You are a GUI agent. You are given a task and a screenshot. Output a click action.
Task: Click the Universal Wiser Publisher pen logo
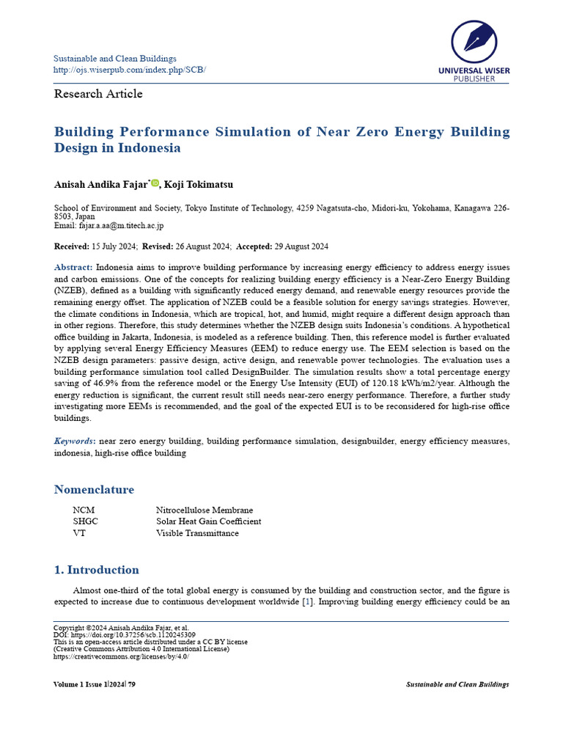tap(474, 42)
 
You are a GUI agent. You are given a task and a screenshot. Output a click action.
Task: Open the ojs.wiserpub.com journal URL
tap(130, 70)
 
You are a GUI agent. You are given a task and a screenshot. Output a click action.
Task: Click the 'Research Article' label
tap(98, 94)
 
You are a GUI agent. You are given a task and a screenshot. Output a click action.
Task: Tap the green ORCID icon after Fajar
tap(155, 183)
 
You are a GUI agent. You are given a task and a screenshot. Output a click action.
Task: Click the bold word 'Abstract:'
tap(73, 268)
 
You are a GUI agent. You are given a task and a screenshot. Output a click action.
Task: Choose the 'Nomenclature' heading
tap(94, 490)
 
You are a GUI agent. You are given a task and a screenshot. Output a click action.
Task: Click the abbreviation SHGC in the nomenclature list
tap(85, 521)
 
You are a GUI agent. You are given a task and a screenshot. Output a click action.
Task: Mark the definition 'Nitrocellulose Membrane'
tap(205, 510)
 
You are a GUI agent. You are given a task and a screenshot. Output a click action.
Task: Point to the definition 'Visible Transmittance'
tap(197, 533)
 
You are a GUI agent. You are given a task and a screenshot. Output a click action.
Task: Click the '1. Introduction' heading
tap(96, 570)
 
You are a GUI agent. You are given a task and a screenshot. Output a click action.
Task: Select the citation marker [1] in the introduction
tap(309, 602)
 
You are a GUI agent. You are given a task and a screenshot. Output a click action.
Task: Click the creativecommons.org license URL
tap(121, 656)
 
